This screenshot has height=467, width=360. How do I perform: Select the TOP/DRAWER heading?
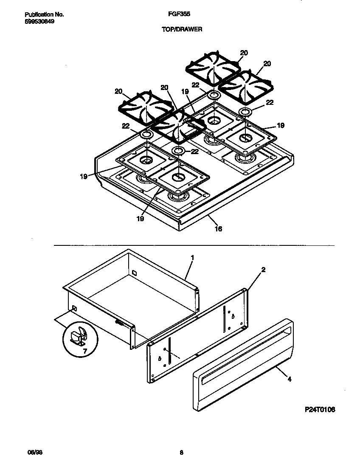point(181,29)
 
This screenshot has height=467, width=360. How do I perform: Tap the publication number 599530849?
point(37,21)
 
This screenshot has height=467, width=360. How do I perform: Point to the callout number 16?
point(218,229)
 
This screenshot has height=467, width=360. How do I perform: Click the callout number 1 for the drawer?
point(192,258)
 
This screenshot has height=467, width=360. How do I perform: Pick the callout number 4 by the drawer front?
point(290,379)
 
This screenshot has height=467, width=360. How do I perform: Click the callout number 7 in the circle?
point(85,352)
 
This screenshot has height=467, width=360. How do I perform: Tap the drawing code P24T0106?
point(320,410)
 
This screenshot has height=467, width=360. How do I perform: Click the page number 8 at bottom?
point(181,453)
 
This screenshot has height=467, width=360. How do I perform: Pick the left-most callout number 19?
point(84,176)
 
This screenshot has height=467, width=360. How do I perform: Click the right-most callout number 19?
point(280,126)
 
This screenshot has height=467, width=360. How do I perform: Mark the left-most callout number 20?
point(118,91)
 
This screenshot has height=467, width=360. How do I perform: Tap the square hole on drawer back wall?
point(134,271)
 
